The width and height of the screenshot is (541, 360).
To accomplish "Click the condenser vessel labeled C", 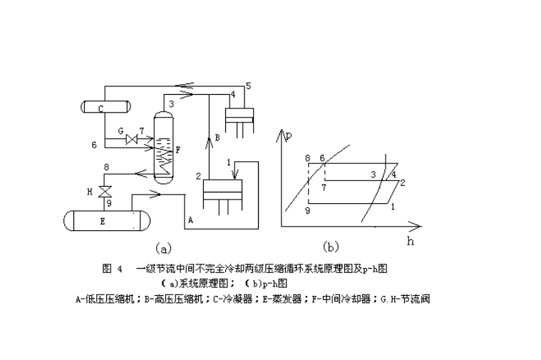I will pos(105,108).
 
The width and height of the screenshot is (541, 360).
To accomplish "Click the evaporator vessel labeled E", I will pos(104,221).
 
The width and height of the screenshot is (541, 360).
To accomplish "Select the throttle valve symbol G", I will pos(131,140).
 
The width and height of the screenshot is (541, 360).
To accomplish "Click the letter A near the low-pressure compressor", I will pos(190,221).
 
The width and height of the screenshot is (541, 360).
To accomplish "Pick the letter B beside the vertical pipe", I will pos(217,138).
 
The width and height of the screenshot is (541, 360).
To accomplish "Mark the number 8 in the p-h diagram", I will pos(307,158).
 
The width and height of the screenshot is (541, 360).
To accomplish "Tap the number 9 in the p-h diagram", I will pos(307,211).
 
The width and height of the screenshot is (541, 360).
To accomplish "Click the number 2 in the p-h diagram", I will pos(403,182).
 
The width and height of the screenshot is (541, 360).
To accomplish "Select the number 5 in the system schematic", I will pos(248,86).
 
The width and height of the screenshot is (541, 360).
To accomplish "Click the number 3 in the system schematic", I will pos(171,104).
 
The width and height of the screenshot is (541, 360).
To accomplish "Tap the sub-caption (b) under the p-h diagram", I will pos(331,247).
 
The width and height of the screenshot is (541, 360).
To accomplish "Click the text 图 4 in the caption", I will pos(113,269).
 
